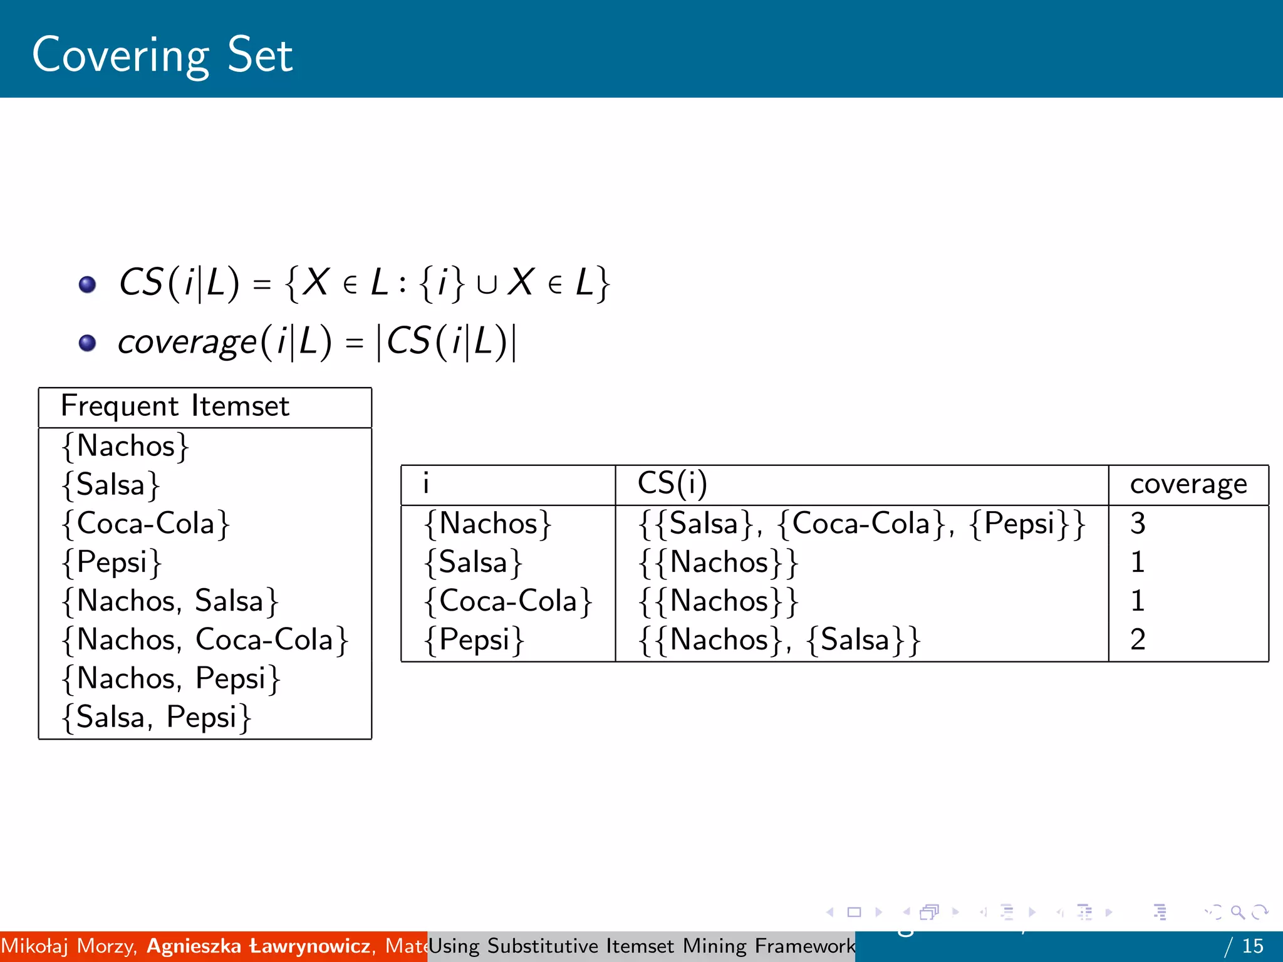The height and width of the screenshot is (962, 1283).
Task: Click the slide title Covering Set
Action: (x=162, y=55)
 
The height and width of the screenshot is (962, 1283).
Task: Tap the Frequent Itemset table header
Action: (x=175, y=406)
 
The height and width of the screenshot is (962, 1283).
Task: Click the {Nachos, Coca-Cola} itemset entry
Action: (x=205, y=640)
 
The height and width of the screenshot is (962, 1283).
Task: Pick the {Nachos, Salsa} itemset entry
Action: (x=170, y=601)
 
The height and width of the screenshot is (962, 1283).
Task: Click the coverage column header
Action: (x=1188, y=484)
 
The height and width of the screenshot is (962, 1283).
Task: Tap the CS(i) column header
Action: (x=672, y=484)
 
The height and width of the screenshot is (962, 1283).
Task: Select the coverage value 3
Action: (x=1138, y=524)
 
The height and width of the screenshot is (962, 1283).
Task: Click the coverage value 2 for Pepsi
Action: (x=1138, y=639)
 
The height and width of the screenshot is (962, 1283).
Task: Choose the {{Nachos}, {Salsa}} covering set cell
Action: (x=779, y=640)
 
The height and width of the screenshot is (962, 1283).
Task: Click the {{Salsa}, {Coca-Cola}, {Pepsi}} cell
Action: (x=862, y=524)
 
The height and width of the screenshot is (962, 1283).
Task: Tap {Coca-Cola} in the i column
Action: (x=507, y=601)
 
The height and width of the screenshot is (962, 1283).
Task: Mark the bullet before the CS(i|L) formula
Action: (x=87, y=285)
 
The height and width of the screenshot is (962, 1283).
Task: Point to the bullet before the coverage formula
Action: (x=87, y=343)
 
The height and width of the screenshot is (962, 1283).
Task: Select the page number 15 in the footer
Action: (x=1252, y=946)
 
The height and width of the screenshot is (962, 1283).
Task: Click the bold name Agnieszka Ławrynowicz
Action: (x=259, y=946)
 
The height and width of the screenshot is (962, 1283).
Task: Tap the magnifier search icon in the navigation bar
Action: (x=1237, y=912)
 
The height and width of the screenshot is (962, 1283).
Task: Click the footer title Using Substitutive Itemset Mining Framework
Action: (x=641, y=946)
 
